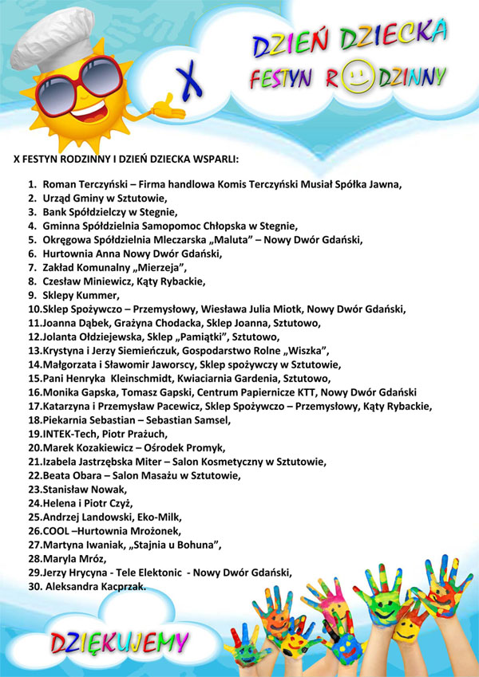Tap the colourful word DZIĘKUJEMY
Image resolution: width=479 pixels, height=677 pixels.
120,642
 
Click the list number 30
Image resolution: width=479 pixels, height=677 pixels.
34,587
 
